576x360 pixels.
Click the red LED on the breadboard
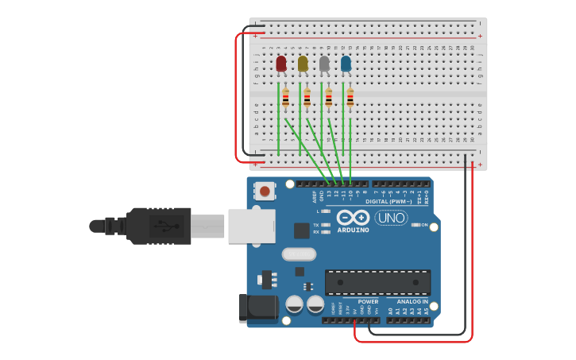(281, 64)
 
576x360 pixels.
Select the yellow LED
(303, 64)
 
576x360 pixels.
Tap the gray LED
(324, 64)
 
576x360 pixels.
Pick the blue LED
(346, 64)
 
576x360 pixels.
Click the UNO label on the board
(391, 218)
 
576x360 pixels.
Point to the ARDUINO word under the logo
(353, 230)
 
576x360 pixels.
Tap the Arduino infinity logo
(353, 217)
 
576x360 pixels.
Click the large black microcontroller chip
(377, 282)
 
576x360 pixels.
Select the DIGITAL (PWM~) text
(389, 202)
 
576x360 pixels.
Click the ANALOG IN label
(412, 302)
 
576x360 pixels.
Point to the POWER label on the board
(368, 302)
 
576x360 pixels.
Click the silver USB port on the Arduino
(251, 226)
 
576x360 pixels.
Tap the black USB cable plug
(159, 226)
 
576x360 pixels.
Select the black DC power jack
(257, 308)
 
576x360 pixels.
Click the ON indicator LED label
(424, 225)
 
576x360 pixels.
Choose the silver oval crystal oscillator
(299, 254)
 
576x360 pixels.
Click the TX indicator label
(316, 225)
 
